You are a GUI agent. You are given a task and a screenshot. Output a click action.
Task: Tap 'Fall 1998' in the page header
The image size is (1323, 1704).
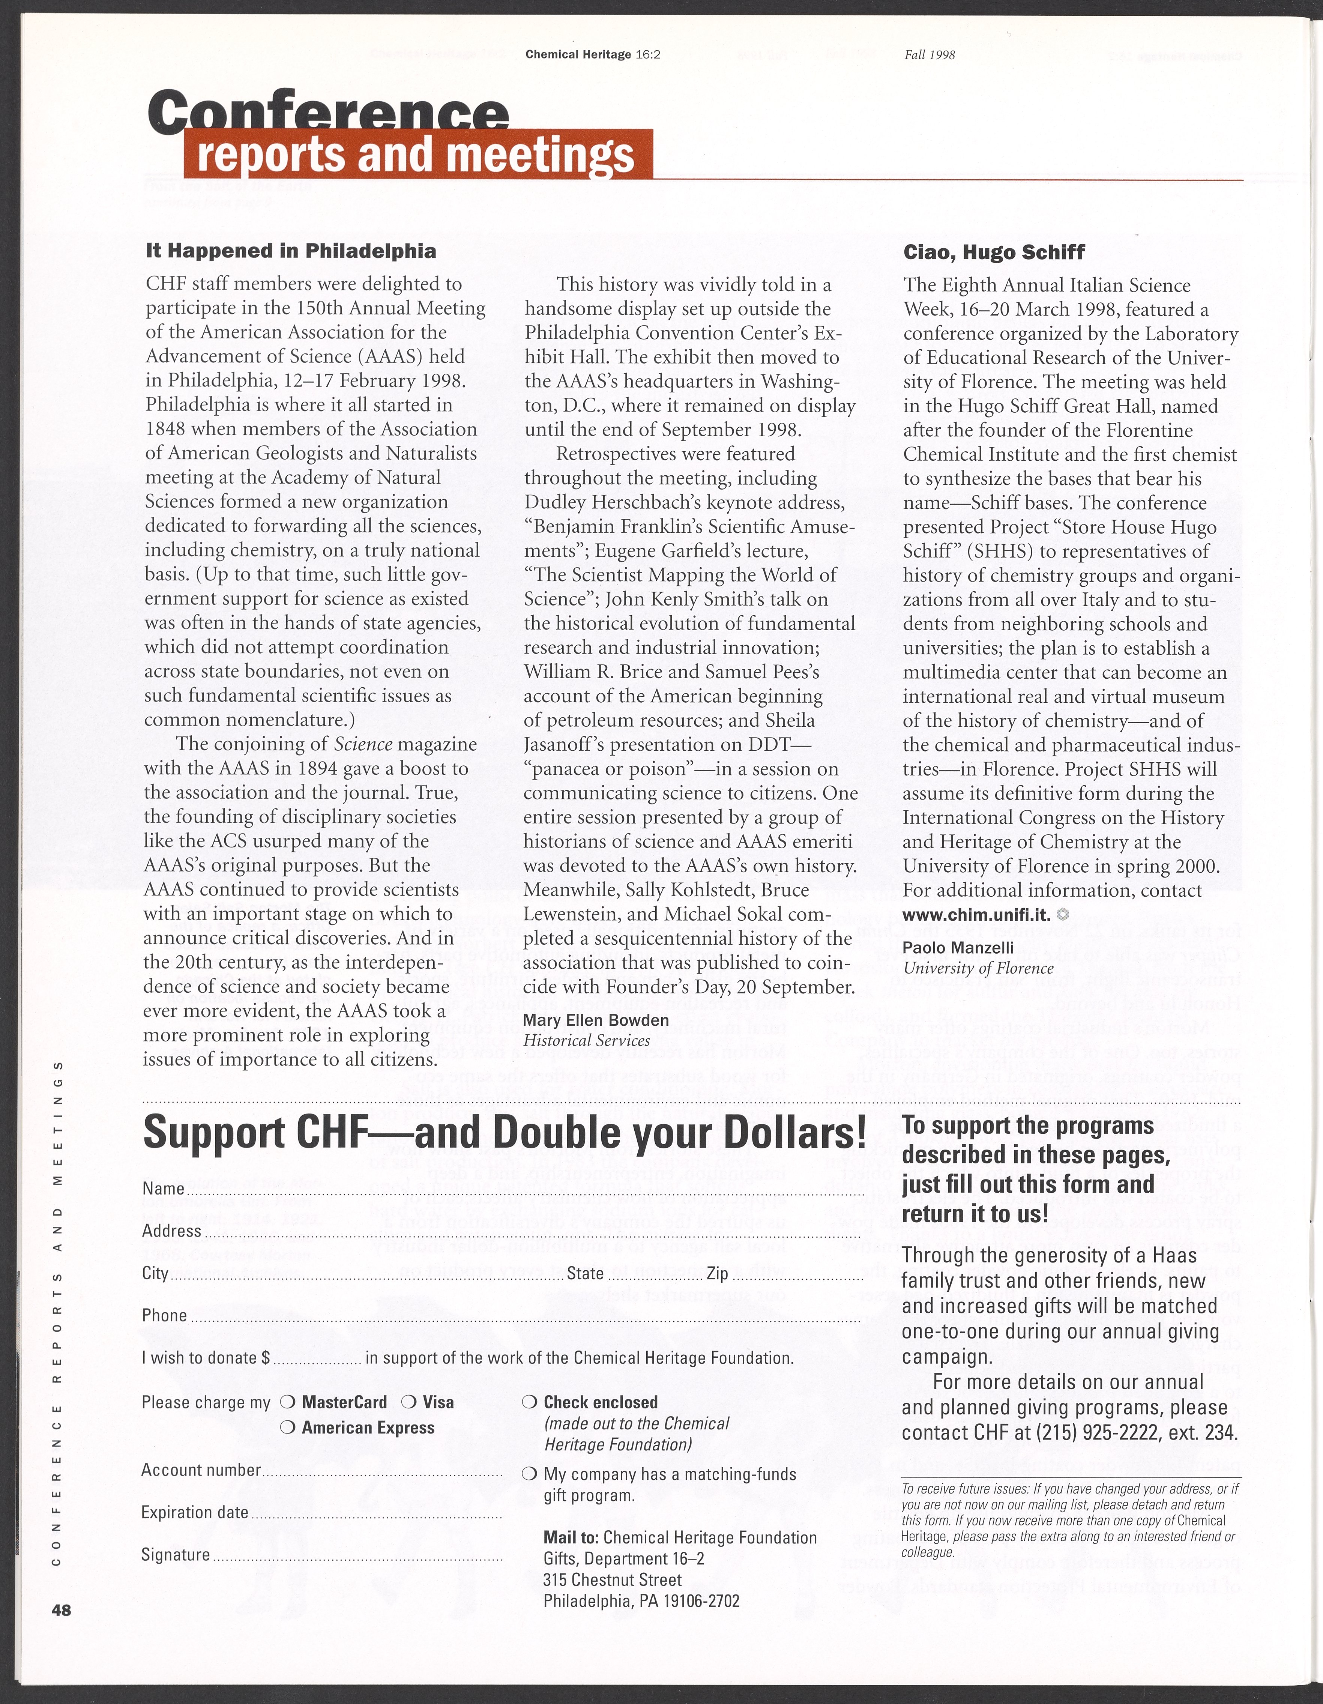click(930, 55)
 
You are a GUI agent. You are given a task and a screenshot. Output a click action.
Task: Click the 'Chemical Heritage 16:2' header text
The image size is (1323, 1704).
click(593, 55)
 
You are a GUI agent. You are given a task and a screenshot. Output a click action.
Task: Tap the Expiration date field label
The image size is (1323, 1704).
click(195, 1512)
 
